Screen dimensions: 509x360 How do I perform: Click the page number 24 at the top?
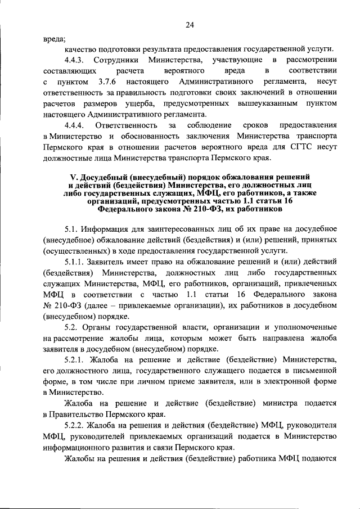[190, 24]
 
